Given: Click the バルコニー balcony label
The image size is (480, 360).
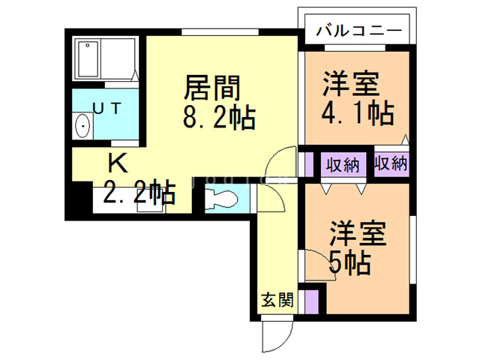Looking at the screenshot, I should [358, 31].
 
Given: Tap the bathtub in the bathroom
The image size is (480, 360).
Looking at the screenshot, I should [105, 59].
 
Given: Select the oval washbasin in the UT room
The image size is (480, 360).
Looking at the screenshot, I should [82, 127].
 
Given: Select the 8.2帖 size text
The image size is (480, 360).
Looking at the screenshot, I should [217, 118].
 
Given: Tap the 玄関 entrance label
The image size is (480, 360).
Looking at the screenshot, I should [277, 301].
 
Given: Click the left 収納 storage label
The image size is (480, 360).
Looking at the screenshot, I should [342, 164].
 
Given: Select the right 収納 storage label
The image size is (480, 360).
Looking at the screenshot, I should [390, 163].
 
